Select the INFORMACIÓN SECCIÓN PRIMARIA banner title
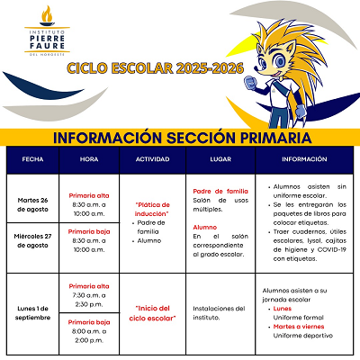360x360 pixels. coord(182,139)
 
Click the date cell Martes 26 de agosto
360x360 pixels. coord(32,203)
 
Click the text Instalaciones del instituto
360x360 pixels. coord(220,311)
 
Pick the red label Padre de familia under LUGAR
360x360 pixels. coord(220,191)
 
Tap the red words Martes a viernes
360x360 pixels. coord(299,326)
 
